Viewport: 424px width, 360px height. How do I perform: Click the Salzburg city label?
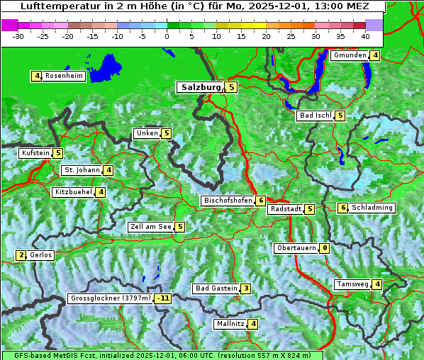pos(201,87)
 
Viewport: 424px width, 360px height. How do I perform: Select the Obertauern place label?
pos(296,248)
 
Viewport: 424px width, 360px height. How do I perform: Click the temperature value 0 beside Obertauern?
pos(324,248)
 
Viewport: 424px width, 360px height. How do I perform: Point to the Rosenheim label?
pos(63,76)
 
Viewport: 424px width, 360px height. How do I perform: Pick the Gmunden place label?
pos(350,55)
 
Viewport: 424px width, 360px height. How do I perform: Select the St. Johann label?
pos(82,170)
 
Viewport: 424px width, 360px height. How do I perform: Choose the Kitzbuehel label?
pos(73,192)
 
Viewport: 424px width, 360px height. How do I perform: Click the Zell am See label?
pos(151,227)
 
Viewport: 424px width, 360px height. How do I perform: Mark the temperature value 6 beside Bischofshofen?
pos(261,201)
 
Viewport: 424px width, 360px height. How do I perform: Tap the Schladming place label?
pos(372,208)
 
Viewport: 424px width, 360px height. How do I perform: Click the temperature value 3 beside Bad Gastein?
pos(245,288)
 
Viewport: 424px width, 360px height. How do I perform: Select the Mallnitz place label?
pos(230,324)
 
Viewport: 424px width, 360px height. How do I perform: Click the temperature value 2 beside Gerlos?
pos(21,255)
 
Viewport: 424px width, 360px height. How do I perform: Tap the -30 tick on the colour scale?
pos(18,35)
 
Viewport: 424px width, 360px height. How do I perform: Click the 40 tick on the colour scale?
pos(365,35)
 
